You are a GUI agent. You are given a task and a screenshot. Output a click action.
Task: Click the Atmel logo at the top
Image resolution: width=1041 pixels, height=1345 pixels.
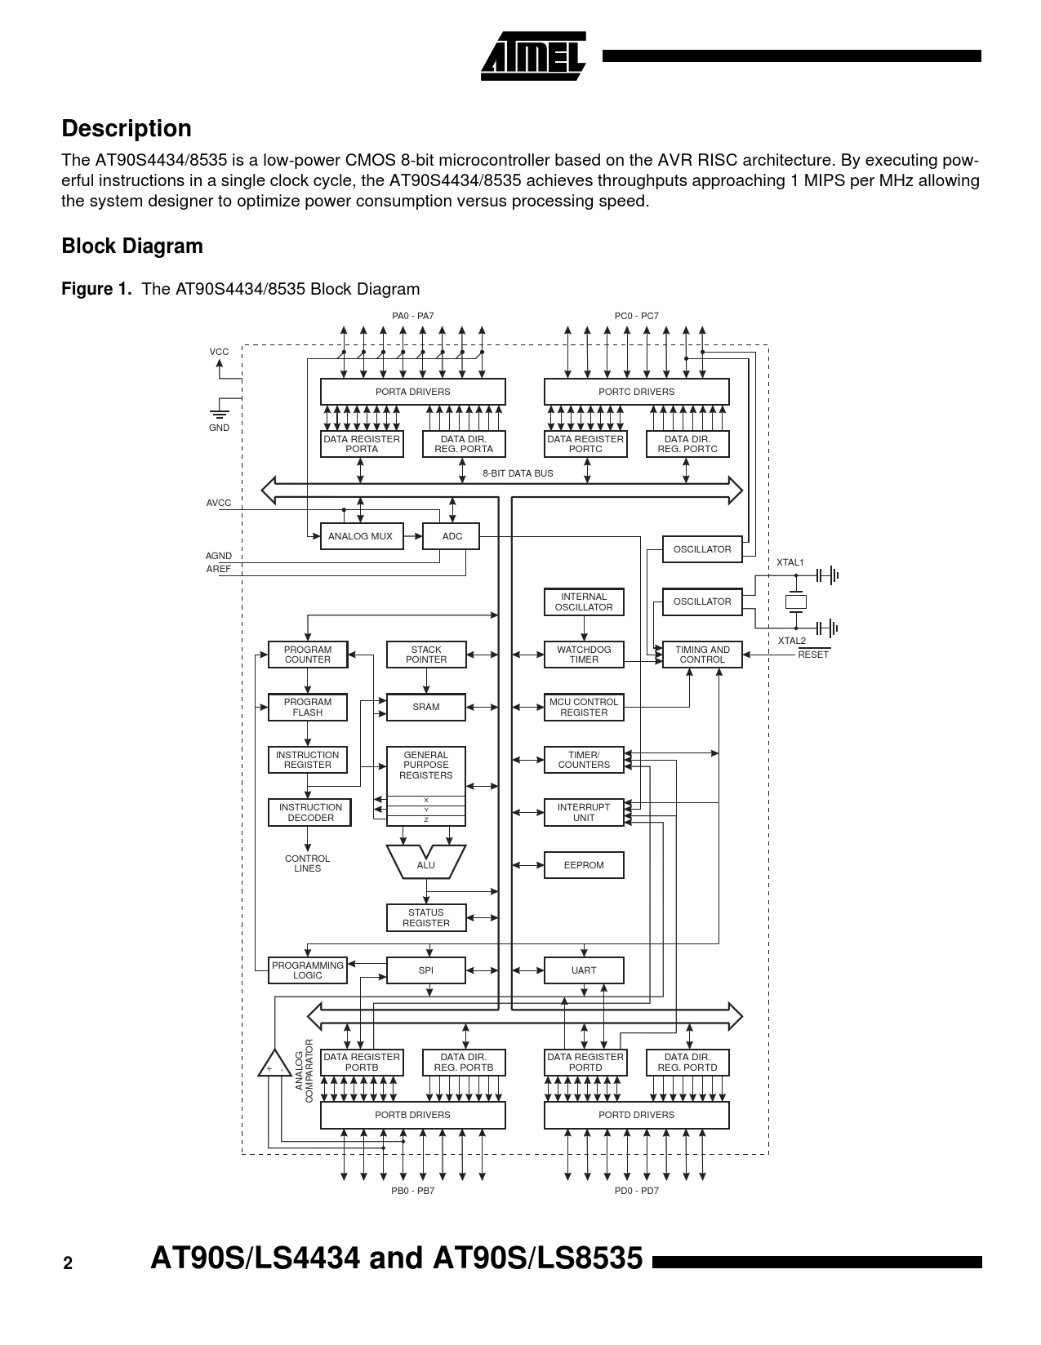pyautogui.click(x=534, y=56)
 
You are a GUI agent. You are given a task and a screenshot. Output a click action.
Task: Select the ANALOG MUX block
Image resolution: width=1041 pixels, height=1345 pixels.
pyautogui.click(x=361, y=536)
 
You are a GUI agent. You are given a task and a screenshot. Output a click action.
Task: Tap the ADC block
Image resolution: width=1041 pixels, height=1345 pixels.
pyautogui.click(x=452, y=536)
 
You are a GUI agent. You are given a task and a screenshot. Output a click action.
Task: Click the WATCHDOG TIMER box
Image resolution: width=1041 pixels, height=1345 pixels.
pyautogui.click(x=584, y=655)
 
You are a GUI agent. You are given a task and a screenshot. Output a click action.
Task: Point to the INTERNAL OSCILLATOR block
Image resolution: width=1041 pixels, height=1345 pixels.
pyautogui.click(x=584, y=602)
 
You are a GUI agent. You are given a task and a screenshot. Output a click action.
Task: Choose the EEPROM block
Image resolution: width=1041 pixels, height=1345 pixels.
pyautogui.click(x=584, y=865)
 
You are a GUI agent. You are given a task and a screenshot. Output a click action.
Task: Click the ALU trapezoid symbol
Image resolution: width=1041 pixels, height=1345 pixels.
pyautogui.click(x=425, y=863)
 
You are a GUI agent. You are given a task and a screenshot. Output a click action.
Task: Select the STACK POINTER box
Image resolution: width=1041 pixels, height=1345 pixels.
pyautogui.click(x=426, y=655)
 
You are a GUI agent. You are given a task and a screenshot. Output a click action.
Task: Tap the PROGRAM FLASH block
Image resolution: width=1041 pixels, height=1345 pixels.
pyautogui.click(x=308, y=708)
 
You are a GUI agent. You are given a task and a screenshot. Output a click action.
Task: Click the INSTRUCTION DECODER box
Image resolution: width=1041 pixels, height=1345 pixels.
pyautogui.click(x=310, y=812)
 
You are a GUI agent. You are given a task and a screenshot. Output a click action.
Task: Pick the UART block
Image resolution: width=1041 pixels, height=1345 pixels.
pyautogui.click(x=584, y=970)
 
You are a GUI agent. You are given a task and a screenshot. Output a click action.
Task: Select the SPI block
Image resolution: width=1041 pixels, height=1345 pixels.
pyautogui.click(x=426, y=970)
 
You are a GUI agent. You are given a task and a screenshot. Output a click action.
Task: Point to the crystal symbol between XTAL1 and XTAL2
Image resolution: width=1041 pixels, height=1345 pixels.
pyautogui.click(x=795, y=602)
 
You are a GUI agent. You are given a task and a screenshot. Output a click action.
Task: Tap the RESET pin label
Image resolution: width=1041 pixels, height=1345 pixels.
pyautogui.click(x=813, y=655)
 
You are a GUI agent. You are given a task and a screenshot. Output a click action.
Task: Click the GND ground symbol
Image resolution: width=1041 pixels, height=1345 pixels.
pyautogui.click(x=219, y=414)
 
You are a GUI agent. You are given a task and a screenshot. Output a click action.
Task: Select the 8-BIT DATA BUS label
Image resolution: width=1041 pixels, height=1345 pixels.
pyautogui.click(x=518, y=473)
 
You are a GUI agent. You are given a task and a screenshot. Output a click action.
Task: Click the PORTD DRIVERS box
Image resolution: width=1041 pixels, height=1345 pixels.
pyautogui.click(x=636, y=1115)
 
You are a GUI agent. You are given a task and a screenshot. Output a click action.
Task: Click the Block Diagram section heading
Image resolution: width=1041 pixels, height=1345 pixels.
pyautogui.click(x=132, y=246)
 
